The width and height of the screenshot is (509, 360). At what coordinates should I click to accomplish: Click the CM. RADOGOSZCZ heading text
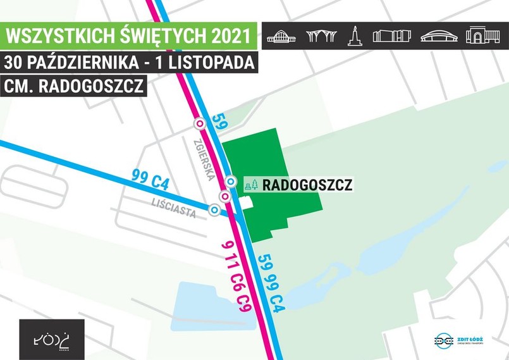click(x=74, y=86)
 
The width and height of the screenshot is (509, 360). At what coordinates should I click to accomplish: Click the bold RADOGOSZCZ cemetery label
click(x=307, y=185)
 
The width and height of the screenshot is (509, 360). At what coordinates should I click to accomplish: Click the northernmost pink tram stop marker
click(x=200, y=123)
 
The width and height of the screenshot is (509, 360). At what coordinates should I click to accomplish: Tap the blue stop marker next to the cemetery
click(x=231, y=182)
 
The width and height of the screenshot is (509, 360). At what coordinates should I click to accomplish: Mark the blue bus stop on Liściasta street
click(x=215, y=210)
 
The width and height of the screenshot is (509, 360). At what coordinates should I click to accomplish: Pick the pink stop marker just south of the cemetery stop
click(x=224, y=197)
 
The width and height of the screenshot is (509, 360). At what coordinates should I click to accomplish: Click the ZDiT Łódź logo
click(x=459, y=340)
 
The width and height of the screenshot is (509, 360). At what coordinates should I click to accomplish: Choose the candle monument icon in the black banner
click(x=355, y=36)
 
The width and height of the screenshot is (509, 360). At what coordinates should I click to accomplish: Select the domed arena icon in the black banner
click(x=438, y=36)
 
